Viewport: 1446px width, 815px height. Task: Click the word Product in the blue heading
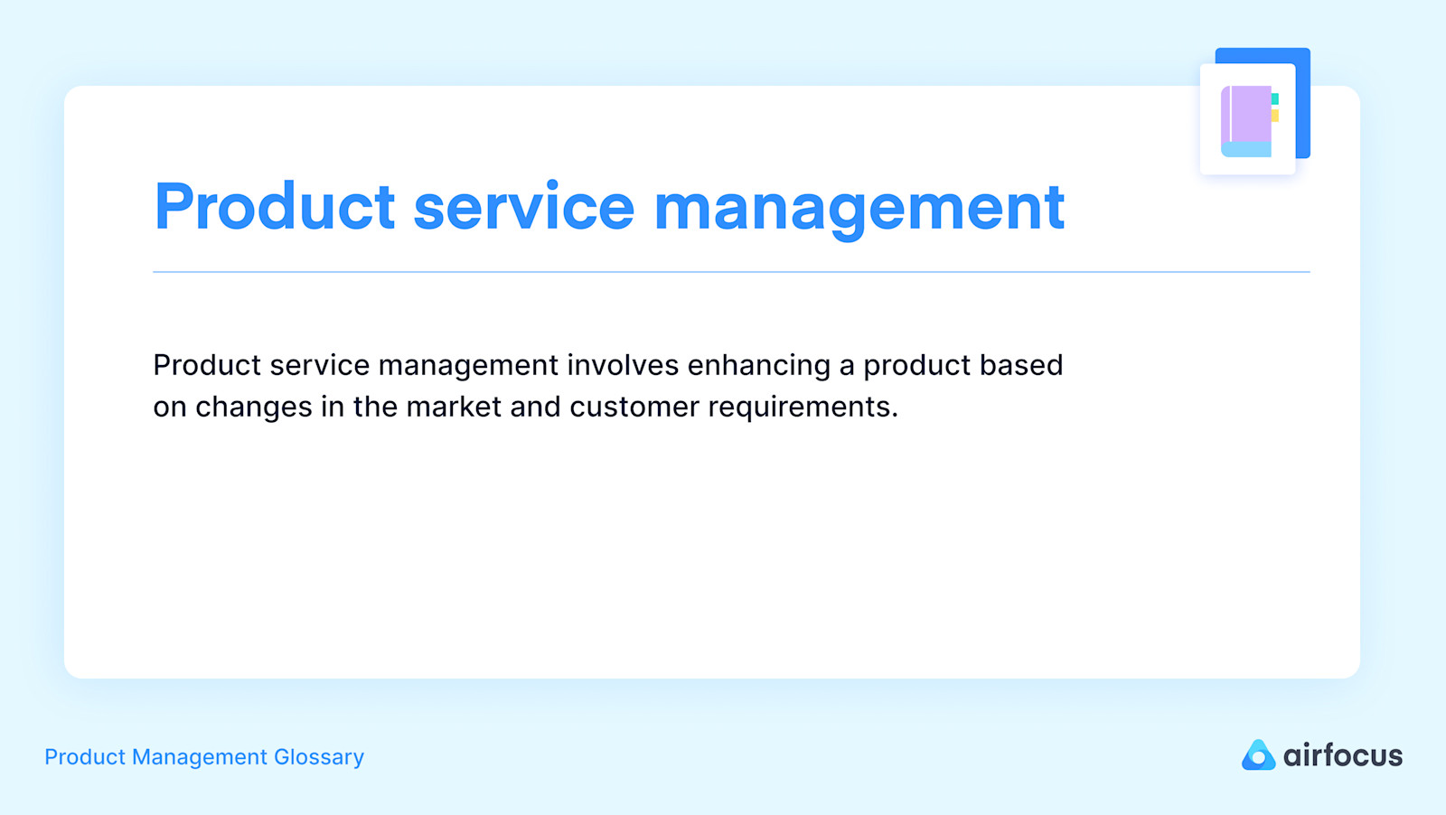click(x=275, y=208)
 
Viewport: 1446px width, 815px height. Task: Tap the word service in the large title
click(x=524, y=208)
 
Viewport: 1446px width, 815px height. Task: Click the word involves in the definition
click(x=623, y=365)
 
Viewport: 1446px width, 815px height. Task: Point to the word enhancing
click(x=758, y=366)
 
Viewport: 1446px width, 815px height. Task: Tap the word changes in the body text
click(x=254, y=407)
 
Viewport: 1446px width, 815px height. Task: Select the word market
click(x=454, y=407)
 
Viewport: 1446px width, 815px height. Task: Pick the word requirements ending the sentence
click(x=802, y=407)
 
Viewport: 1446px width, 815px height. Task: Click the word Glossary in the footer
click(x=319, y=757)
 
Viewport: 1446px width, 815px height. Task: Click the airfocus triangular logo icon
click(x=1257, y=755)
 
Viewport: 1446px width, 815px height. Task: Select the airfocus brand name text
click(x=1343, y=755)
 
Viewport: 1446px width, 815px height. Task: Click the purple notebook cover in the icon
click(x=1250, y=114)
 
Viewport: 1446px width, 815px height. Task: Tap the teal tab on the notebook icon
click(x=1275, y=98)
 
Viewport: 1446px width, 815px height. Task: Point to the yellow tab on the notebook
click(x=1275, y=116)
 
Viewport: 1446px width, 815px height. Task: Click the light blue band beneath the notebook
click(x=1246, y=150)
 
